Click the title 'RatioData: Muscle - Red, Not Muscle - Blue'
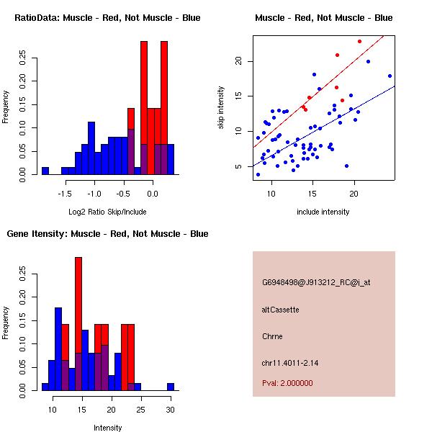107,17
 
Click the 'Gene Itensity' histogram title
107,234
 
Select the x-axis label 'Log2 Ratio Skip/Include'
107,212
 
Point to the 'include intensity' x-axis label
323,212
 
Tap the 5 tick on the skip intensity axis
242,166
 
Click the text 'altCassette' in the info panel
280,310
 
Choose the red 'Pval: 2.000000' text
287,383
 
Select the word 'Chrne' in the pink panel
272,336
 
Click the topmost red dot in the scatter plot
359,41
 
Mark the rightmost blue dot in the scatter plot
390,76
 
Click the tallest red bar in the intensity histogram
78,324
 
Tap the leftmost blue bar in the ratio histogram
45,171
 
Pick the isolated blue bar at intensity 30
171,387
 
